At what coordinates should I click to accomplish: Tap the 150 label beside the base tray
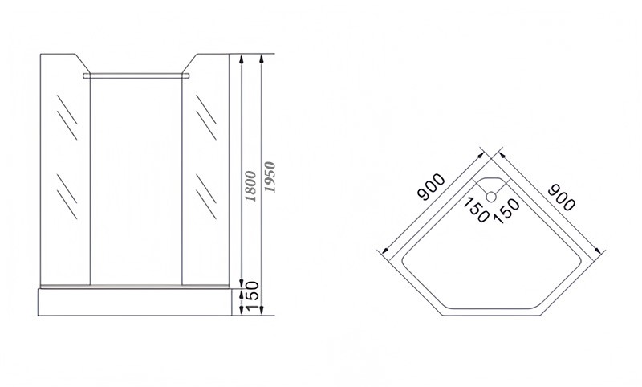pos(251,299)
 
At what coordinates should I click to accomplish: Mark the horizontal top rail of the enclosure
pos(139,75)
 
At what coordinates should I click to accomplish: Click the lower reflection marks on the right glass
pos(207,193)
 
